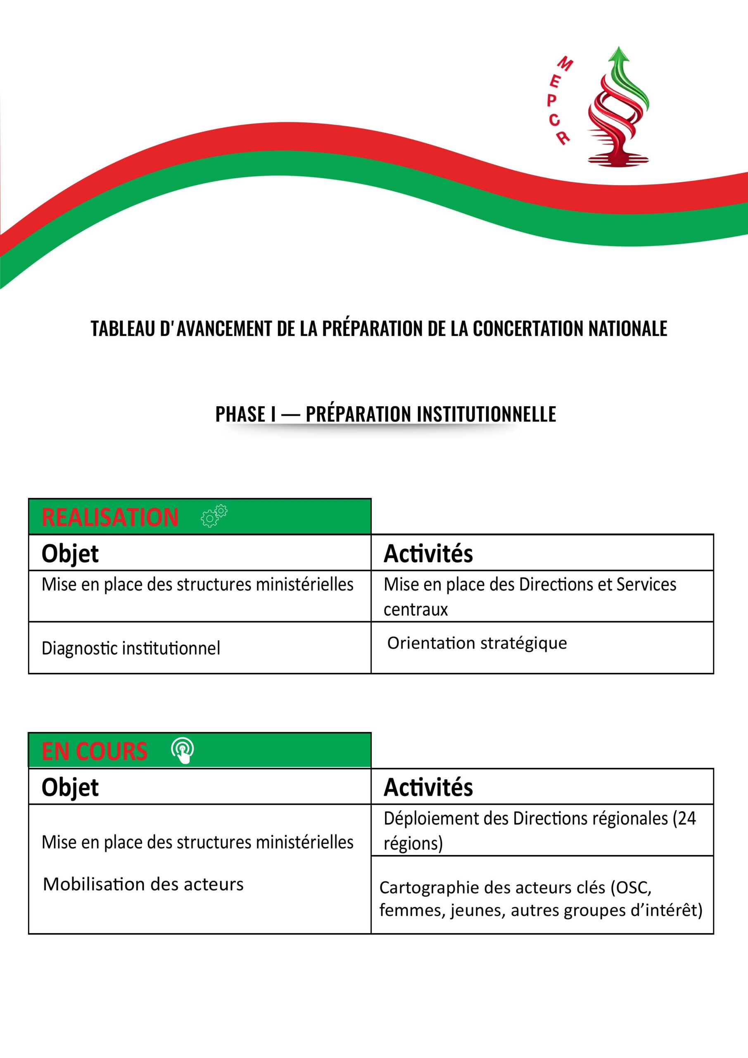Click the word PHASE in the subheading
coord(240,414)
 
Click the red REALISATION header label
coord(110,517)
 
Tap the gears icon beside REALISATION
coord(214,516)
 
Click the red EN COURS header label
coord(95,751)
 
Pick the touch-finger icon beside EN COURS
coord(183,751)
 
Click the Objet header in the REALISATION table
coord(70,553)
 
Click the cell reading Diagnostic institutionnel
coord(131,648)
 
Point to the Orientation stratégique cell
coord(477,643)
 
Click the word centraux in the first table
coord(416,610)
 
